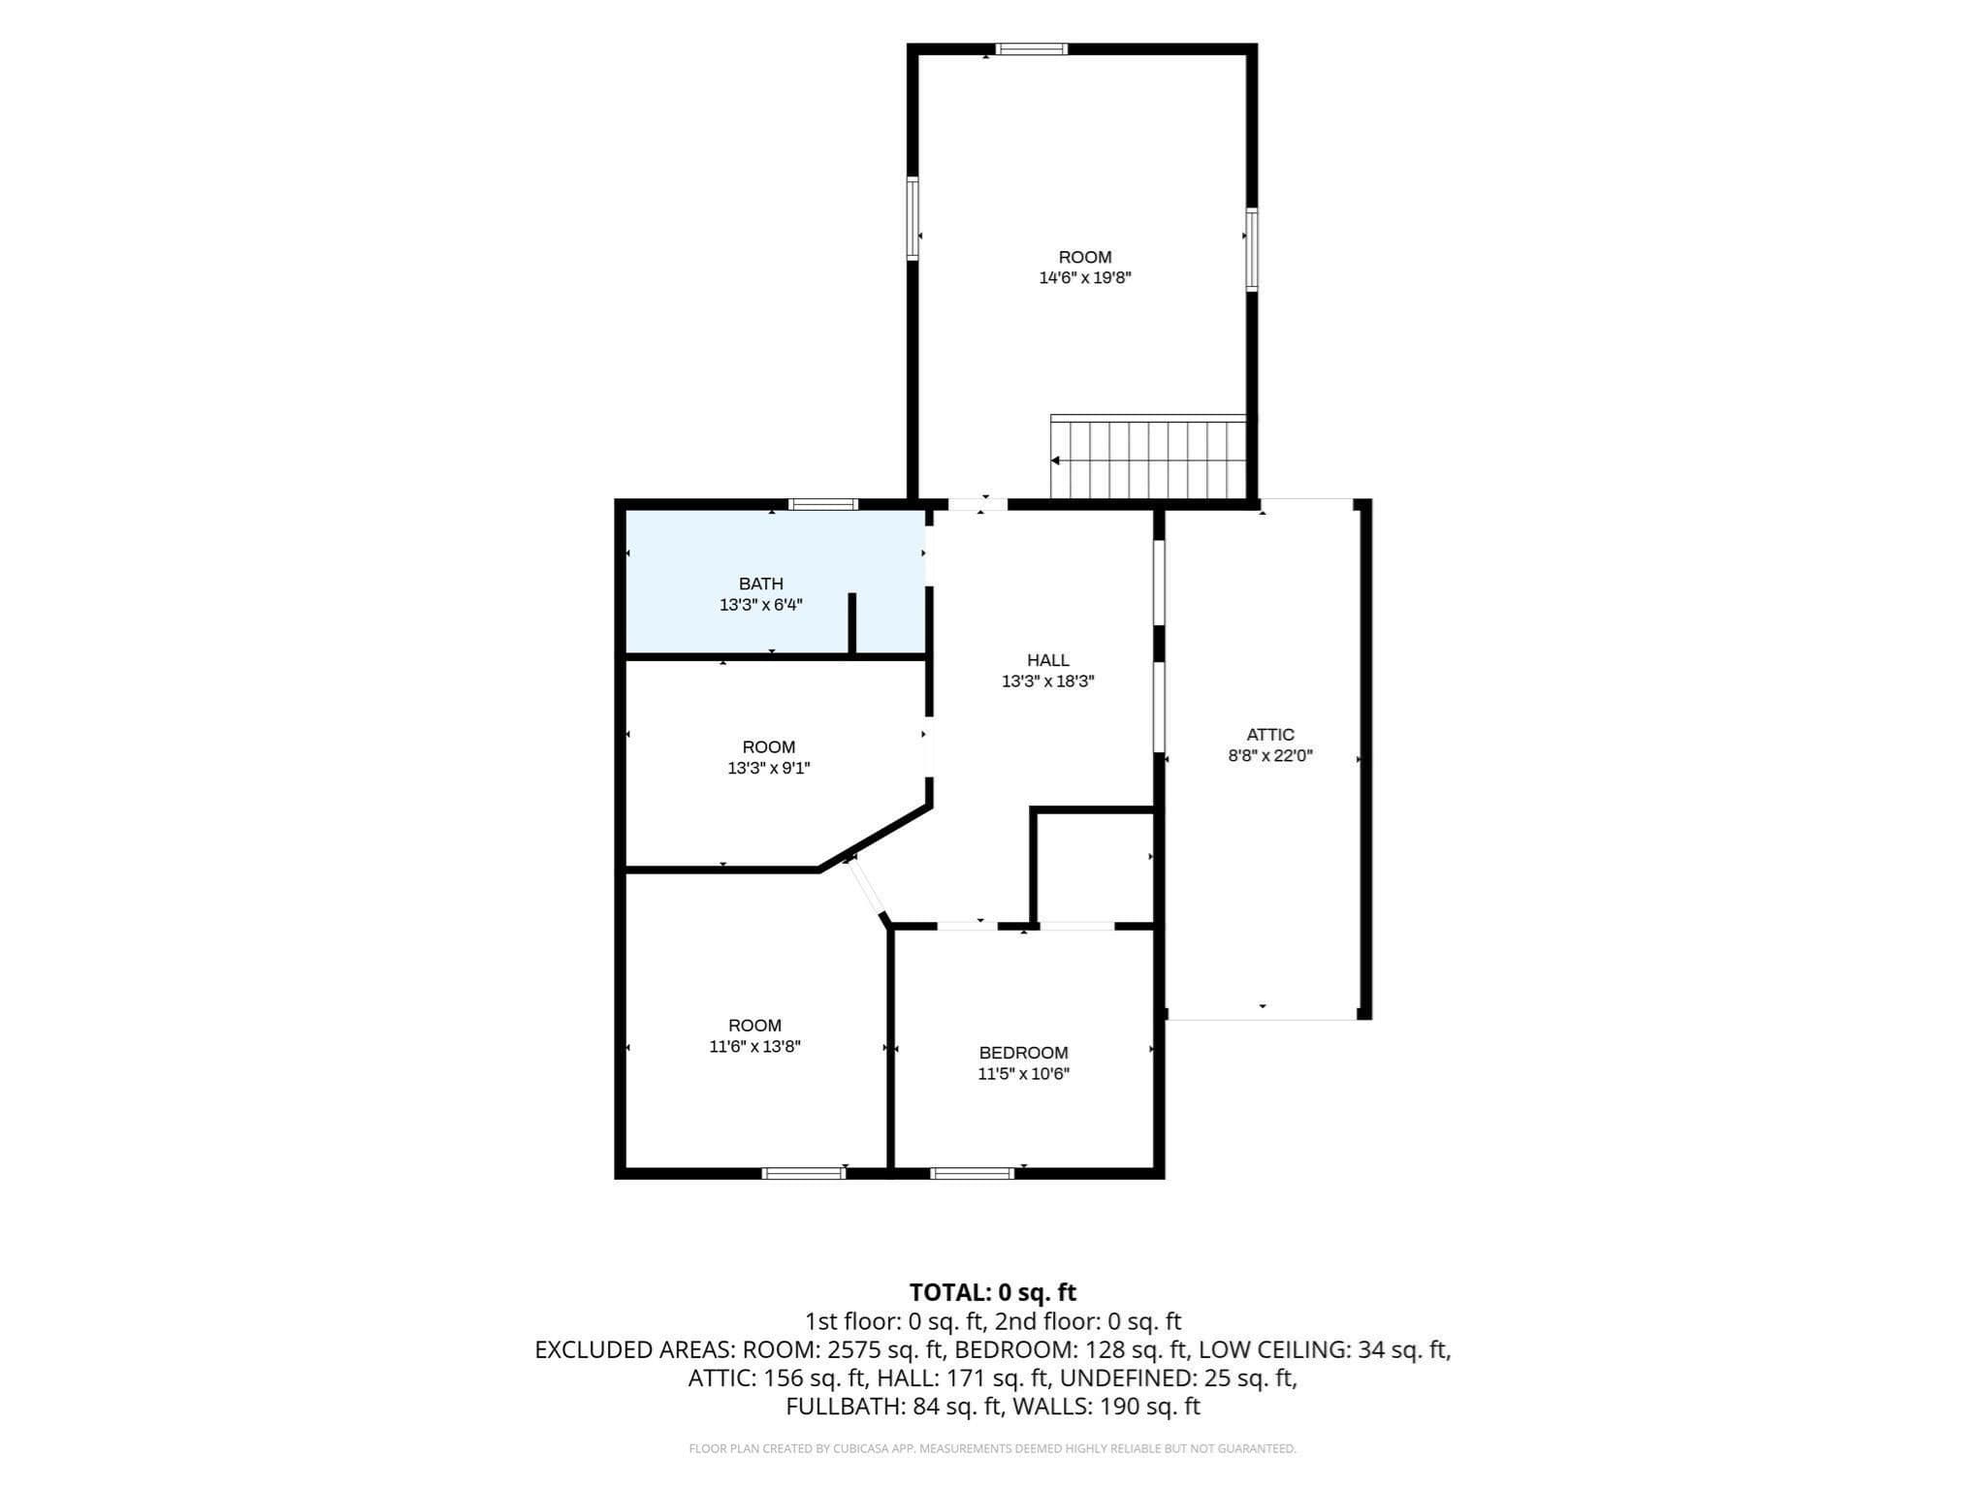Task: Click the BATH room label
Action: point(761,584)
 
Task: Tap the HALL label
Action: point(1048,660)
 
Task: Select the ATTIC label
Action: point(1270,735)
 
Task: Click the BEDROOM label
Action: point(1023,1053)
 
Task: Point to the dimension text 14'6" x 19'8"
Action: point(1085,278)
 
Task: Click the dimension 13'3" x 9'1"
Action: point(769,769)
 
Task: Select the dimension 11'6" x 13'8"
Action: point(754,1047)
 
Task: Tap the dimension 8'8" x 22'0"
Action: point(1270,756)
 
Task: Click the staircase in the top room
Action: point(1148,457)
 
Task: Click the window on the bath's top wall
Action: point(823,504)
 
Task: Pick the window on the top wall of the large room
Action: point(1032,49)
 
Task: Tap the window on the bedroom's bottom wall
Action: point(973,1173)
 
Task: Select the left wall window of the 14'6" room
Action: point(913,218)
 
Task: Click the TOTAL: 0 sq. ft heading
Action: point(993,1292)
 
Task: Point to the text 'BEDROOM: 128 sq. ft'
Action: point(1072,1349)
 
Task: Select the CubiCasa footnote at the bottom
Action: point(993,1449)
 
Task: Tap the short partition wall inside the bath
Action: point(852,624)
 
